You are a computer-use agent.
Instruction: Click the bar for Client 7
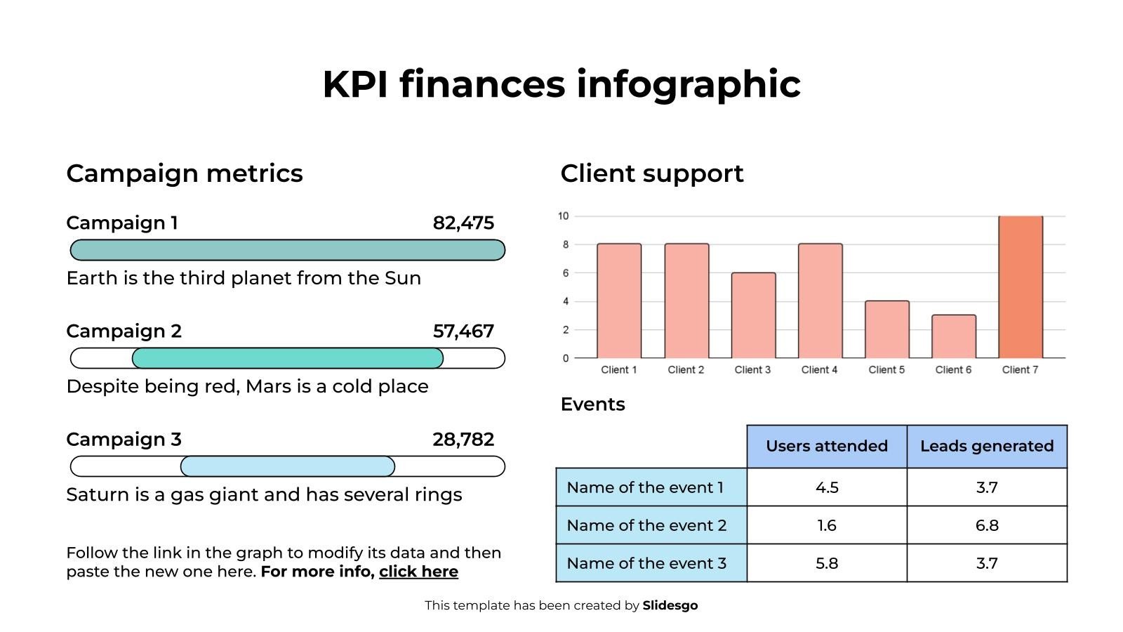pyautogui.click(x=1020, y=287)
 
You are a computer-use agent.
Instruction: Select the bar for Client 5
pyautogui.click(x=886, y=329)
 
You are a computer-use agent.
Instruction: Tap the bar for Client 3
pyautogui.click(x=753, y=315)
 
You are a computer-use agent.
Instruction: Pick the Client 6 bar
pyautogui.click(x=953, y=336)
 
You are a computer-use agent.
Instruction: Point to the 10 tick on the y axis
pyautogui.click(x=563, y=216)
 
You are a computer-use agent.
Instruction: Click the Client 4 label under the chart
pyautogui.click(x=819, y=370)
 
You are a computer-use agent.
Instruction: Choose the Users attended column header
pyautogui.click(x=827, y=447)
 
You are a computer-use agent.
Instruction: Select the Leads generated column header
pyautogui.click(x=987, y=447)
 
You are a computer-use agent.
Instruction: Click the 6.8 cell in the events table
pyautogui.click(x=987, y=525)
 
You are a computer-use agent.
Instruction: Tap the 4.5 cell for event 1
pyautogui.click(x=827, y=487)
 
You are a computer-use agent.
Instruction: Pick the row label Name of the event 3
pyautogui.click(x=646, y=563)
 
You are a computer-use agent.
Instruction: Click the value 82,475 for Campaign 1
pyautogui.click(x=463, y=223)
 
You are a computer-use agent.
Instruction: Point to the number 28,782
pyautogui.click(x=463, y=440)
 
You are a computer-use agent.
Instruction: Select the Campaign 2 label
pyautogui.click(x=124, y=331)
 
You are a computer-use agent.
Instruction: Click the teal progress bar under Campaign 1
pyautogui.click(x=288, y=250)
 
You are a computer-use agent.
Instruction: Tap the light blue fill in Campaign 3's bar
pyautogui.click(x=288, y=466)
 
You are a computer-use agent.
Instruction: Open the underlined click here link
pyautogui.click(x=418, y=572)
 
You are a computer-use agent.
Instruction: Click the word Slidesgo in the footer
pyautogui.click(x=670, y=605)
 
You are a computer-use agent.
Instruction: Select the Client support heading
pyautogui.click(x=651, y=173)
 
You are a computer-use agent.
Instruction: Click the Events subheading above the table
pyautogui.click(x=592, y=404)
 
